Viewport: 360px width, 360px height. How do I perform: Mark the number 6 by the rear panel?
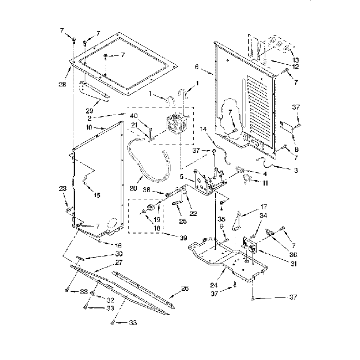(197, 67)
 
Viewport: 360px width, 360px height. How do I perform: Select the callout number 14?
(204, 128)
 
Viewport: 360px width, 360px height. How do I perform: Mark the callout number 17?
(263, 205)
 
